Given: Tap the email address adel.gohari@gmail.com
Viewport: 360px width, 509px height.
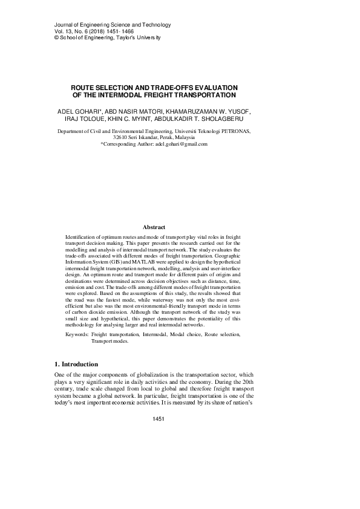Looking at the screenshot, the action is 182,144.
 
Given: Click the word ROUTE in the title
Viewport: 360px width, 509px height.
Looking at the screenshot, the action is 83,87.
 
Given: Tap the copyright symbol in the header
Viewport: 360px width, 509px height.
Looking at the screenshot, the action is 40,38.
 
